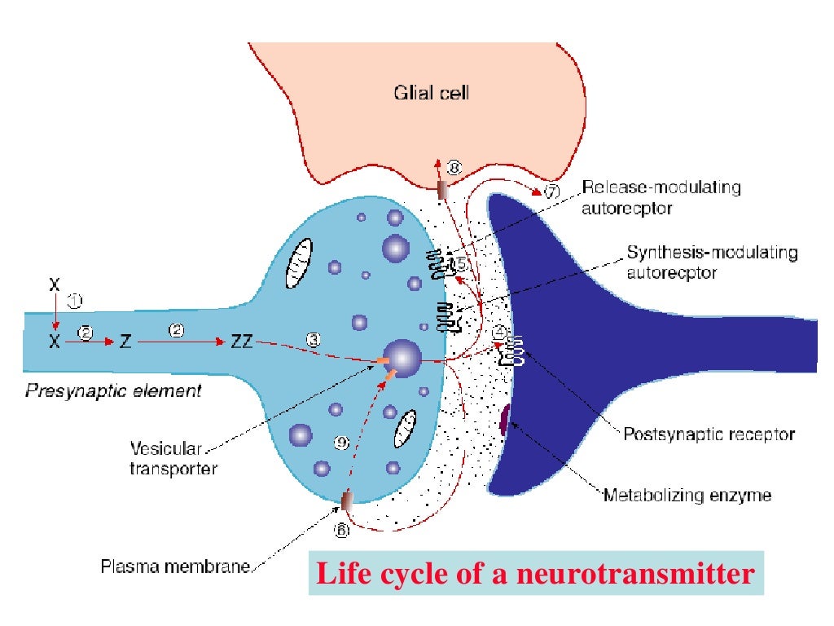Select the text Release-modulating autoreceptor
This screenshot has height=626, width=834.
click(x=661, y=197)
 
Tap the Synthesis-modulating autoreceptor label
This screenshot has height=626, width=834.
click(x=711, y=262)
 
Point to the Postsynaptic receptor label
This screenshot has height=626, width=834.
click(x=709, y=434)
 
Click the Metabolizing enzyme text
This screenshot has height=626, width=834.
click(x=687, y=495)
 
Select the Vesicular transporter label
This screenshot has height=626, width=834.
click(x=174, y=458)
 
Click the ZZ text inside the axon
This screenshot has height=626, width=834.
click(x=242, y=342)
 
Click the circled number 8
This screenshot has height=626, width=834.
click(x=454, y=168)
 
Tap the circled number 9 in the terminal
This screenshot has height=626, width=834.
click(x=342, y=443)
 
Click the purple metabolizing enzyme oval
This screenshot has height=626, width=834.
click(x=504, y=420)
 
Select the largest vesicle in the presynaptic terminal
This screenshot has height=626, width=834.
click(x=403, y=358)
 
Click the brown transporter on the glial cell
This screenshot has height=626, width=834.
click(x=443, y=190)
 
